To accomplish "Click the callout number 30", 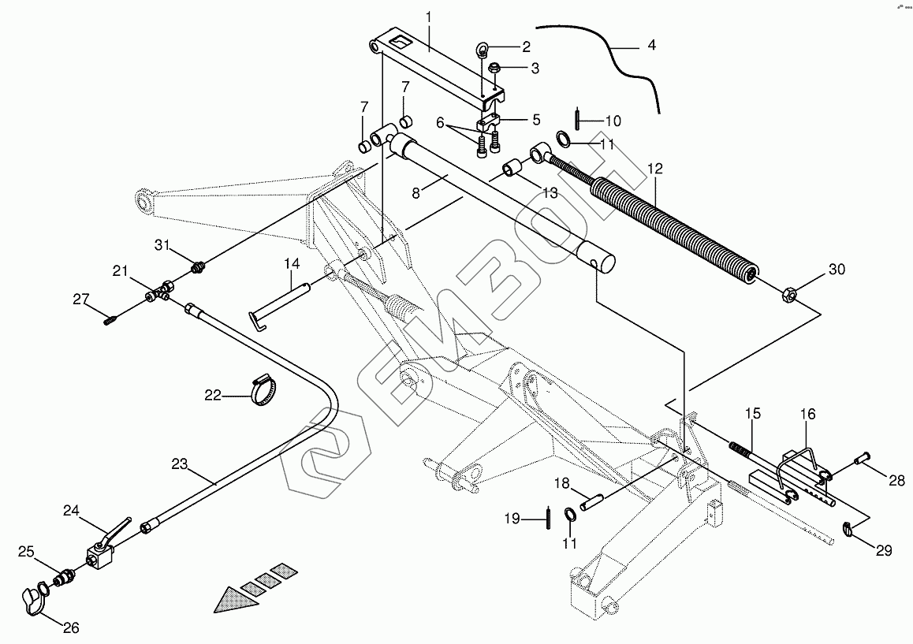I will [836, 270].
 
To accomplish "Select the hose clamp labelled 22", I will [264, 391].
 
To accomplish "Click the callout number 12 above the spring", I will [655, 168].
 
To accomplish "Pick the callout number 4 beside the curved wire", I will [650, 45].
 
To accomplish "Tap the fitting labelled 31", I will [198, 270].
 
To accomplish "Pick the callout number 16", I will [808, 414].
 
